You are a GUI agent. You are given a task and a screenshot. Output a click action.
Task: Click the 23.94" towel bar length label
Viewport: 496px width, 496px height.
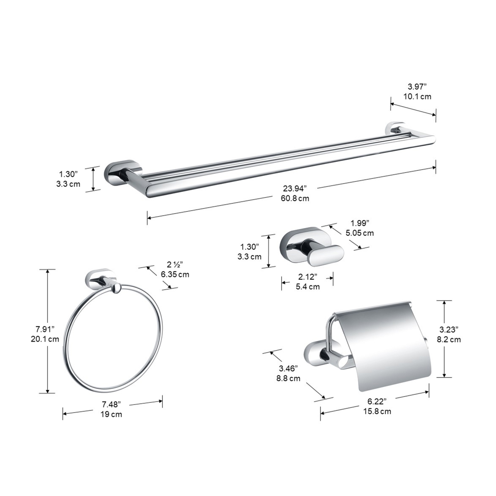294,189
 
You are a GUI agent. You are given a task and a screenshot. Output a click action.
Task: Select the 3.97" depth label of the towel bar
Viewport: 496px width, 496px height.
417,87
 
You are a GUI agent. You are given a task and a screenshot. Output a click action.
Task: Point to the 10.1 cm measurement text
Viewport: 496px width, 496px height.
417,97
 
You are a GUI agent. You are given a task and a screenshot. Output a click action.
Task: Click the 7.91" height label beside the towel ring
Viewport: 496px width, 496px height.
45,329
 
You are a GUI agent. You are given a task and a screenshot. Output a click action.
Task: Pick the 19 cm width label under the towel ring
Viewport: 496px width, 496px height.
111,414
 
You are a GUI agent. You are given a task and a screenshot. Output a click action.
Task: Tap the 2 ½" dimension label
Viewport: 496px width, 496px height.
174,265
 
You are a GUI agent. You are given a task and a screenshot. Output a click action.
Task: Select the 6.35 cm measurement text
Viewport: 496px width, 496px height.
175,274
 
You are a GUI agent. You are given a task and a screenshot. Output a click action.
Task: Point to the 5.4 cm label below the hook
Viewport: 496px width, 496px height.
308,287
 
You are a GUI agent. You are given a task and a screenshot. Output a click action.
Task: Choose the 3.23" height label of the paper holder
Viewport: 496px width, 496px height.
449,329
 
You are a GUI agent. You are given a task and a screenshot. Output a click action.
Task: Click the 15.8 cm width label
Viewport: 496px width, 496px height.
377,411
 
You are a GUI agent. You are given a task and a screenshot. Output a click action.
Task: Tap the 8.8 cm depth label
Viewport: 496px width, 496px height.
288,378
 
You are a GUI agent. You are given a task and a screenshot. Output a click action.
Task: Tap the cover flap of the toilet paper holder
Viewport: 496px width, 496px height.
385,344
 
